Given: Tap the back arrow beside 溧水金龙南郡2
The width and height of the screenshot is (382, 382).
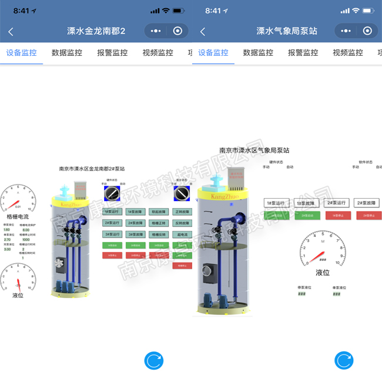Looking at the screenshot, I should [11, 31].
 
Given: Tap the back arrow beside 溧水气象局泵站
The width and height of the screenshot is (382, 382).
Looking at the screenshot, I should [203, 31].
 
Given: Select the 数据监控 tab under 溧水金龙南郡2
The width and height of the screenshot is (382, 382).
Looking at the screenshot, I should [67, 52].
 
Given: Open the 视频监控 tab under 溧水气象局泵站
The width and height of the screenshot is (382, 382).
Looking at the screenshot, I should [348, 52].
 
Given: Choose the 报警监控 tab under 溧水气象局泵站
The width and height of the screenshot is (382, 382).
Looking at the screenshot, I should [303, 52].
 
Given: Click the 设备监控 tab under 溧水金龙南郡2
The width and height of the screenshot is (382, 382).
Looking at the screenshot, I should [22, 52].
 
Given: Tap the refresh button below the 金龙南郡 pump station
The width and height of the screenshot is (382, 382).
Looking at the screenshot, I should [153, 360].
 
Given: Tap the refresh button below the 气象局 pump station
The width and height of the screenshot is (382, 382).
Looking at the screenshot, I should [344, 360].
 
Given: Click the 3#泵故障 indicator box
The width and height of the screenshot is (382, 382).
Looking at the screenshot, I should [135, 234].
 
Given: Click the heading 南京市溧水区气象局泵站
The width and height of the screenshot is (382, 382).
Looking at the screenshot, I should [254, 150].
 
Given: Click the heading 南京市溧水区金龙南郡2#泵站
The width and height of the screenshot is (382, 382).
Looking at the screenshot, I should [92, 169].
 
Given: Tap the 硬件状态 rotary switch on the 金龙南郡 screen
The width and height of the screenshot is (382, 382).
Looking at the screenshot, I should [112, 193].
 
